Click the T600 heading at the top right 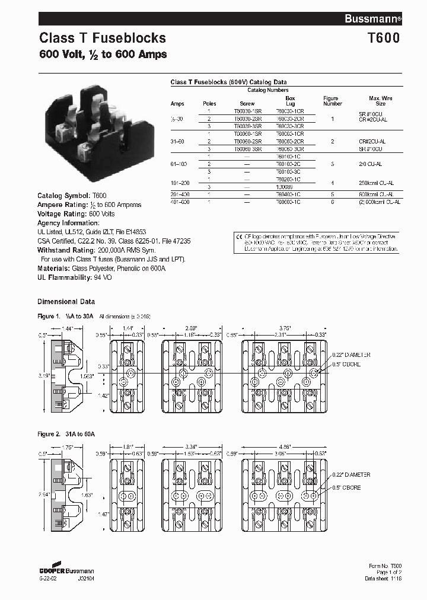[384, 39]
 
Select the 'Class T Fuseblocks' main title [103, 39]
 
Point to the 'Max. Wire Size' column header [380, 101]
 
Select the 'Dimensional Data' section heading [66, 301]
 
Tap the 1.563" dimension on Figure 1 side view [87, 375]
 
